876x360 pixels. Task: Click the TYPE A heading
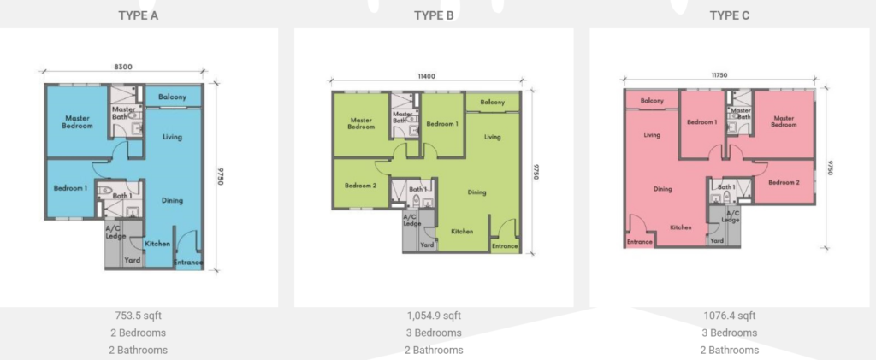pos(138,15)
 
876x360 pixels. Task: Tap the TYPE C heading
pos(730,15)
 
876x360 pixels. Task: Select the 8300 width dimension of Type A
pos(123,67)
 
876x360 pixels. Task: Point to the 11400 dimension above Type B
pos(426,76)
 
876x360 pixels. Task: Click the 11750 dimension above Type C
pos(719,74)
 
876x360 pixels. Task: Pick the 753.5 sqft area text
pos(138,316)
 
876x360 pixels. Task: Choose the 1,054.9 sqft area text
pos(434,316)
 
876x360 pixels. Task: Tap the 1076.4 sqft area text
pos(730,316)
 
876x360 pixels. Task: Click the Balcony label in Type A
pos(172,97)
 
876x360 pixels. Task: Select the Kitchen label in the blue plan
pos(157,244)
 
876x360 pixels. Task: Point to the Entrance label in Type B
pos(505,245)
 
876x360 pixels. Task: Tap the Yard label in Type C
pos(717,240)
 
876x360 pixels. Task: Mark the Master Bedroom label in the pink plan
pos(784,121)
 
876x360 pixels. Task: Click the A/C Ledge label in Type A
pos(115,233)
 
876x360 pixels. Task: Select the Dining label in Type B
pos(476,192)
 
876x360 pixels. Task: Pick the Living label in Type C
pos(651,135)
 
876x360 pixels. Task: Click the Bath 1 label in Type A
pos(122,196)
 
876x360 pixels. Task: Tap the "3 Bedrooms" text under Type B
pos(434,333)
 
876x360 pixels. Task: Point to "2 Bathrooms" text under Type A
pos(138,351)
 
